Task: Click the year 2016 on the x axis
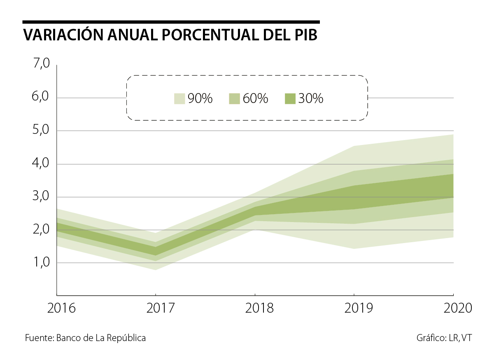(x=61, y=309)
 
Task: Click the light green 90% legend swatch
(x=179, y=99)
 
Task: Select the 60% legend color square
(x=234, y=99)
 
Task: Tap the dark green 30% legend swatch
(x=290, y=99)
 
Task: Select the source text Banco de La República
(x=101, y=338)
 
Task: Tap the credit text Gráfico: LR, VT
(x=444, y=338)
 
